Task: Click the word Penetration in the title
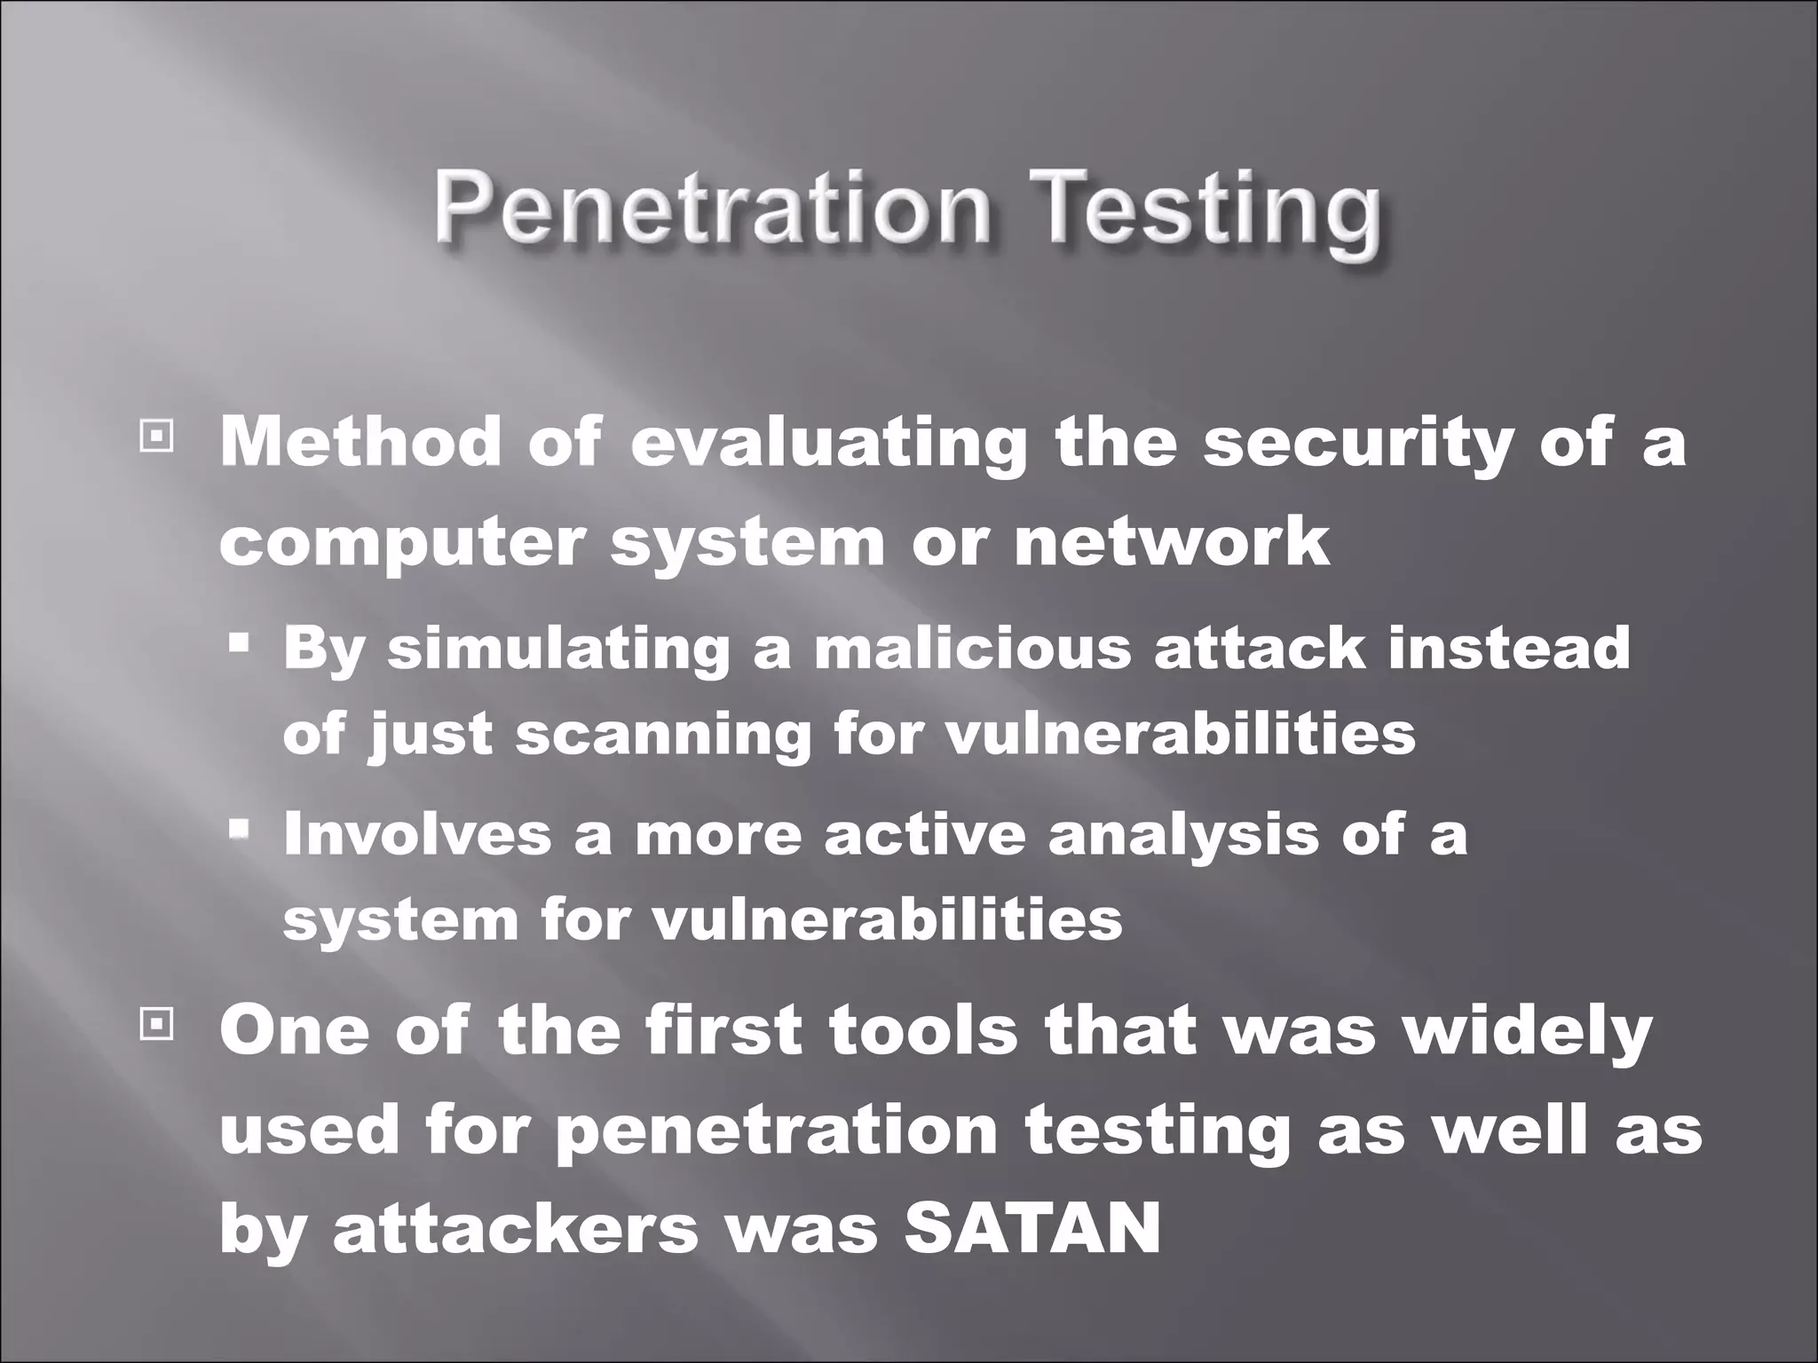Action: (x=711, y=211)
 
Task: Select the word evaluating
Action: (x=829, y=443)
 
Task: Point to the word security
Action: (x=1357, y=443)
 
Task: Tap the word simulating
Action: (x=558, y=649)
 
